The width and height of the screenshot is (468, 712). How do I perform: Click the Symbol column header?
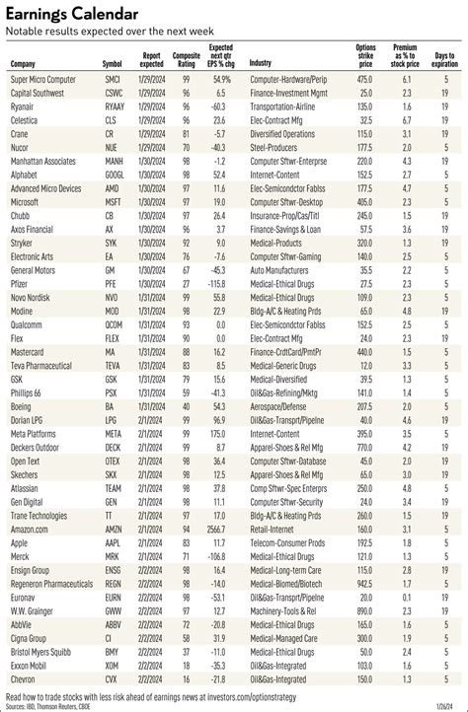(x=113, y=64)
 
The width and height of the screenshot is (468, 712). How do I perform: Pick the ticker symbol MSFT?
(x=113, y=200)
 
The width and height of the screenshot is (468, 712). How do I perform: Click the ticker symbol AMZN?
(x=114, y=530)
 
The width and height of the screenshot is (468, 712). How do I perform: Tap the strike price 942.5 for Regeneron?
(x=365, y=584)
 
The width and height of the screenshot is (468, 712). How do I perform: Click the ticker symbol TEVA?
(x=113, y=365)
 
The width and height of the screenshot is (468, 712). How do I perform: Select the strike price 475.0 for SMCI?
(x=365, y=77)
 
